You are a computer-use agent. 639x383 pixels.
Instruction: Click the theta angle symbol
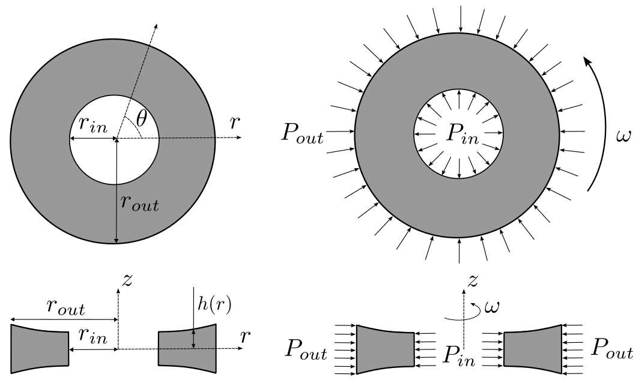[141, 119]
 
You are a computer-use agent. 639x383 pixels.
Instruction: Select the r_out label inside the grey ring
[139, 204]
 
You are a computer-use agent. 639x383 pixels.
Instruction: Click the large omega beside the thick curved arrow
[623, 137]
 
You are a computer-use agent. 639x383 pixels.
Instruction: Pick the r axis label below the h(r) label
[244, 337]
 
